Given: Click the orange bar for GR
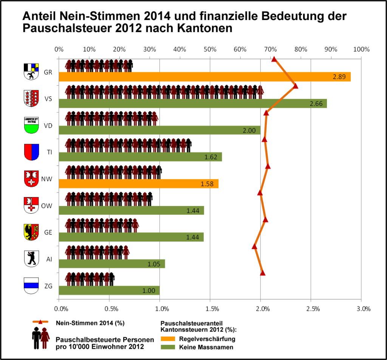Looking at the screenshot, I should (204, 77).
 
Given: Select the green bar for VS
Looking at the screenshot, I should (193, 104).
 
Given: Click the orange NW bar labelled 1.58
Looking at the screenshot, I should (138, 184).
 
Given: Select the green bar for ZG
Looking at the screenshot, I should (109, 290).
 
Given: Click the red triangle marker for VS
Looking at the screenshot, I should (296, 86).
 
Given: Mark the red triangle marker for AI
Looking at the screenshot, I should (254, 247).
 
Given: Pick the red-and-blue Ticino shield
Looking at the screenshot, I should (31, 152).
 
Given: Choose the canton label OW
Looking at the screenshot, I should (46, 206).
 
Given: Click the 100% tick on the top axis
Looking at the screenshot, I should (361, 50).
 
